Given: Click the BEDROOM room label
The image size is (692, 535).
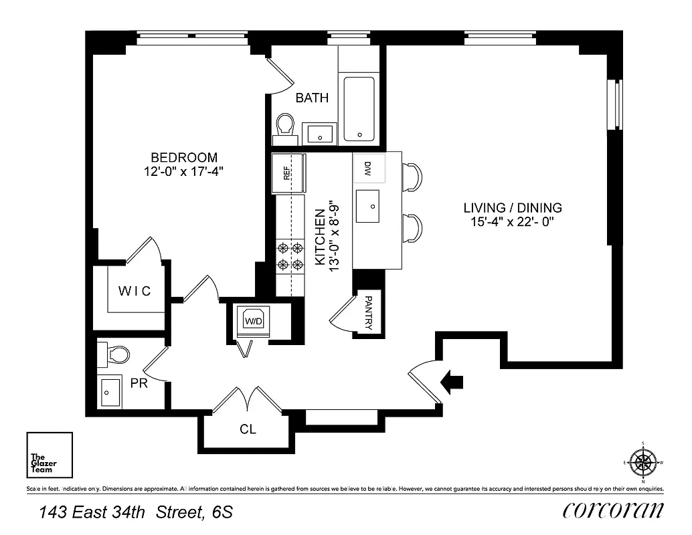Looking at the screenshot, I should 183,158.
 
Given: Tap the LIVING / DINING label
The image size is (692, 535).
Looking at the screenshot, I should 513,208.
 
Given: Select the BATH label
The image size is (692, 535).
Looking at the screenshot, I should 312,98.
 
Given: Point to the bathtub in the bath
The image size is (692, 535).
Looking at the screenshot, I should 359,109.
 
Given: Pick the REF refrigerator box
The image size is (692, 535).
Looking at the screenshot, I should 288,173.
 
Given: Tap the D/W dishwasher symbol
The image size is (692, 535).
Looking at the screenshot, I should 368,169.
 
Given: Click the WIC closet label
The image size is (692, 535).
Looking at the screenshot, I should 135,292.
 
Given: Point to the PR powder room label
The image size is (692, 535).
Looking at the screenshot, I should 139,384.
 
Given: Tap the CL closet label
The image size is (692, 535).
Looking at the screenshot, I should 248,429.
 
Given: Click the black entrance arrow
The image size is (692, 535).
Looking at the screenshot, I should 452,381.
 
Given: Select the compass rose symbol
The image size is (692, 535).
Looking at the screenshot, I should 642,461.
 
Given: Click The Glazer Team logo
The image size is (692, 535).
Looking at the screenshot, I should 49,455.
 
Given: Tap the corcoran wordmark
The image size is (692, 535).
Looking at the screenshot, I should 613,511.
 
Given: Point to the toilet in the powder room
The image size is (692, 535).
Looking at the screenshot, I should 110,354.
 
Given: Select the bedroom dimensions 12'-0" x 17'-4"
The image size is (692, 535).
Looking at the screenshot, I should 183,172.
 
